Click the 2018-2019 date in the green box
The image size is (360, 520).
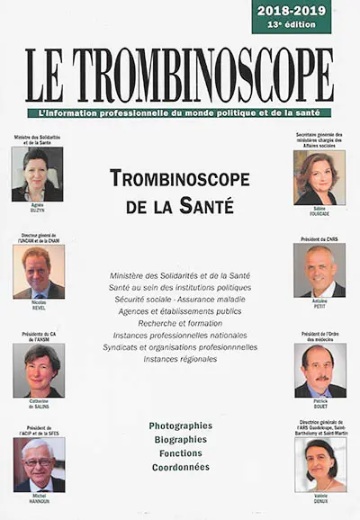click(x=291, y=10)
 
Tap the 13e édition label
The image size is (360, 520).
click(x=291, y=24)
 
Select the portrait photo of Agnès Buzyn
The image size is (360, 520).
click(x=38, y=174)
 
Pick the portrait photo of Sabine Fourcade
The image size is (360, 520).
click(x=319, y=177)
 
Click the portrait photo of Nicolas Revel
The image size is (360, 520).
click(x=39, y=271)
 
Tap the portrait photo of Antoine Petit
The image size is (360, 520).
click(x=319, y=270)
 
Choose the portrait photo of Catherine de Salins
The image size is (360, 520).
click(x=39, y=370)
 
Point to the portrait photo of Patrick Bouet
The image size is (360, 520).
click(x=319, y=370)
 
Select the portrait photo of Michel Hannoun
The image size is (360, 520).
click(x=39, y=464)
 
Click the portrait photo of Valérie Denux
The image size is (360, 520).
click(x=319, y=464)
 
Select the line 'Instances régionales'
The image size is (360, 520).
click(x=180, y=358)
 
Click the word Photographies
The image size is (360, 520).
click(x=181, y=425)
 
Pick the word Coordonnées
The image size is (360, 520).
click(x=181, y=467)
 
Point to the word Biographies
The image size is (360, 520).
click(x=181, y=439)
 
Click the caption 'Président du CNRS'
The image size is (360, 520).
click(x=319, y=238)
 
